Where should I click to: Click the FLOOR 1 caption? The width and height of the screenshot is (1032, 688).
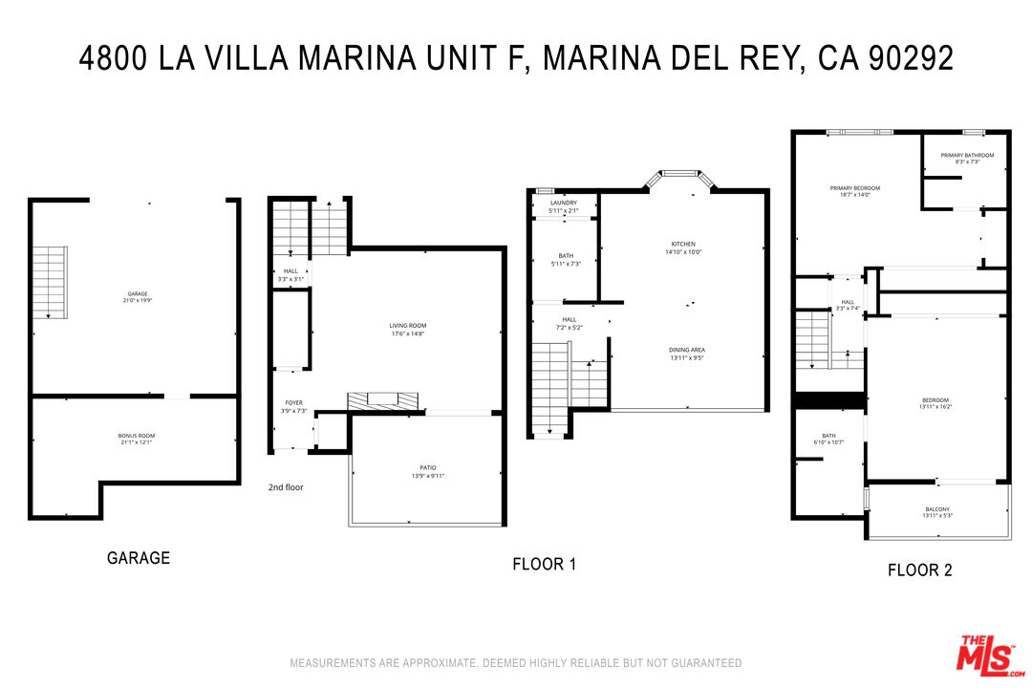click(x=545, y=565)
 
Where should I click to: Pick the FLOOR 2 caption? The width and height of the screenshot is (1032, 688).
click(x=919, y=570)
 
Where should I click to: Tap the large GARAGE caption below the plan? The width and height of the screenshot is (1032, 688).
click(x=139, y=558)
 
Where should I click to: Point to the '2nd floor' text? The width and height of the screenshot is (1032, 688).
click(x=286, y=487)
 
